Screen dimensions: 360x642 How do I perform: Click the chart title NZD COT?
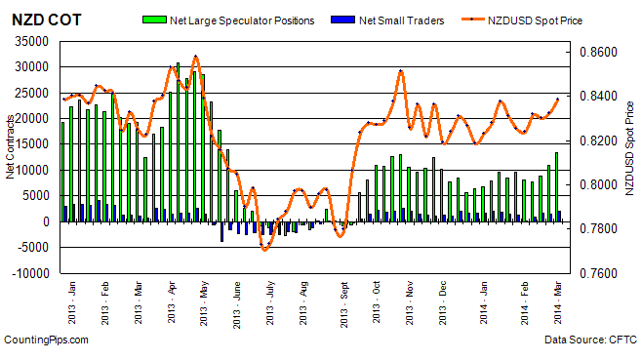point(38,20)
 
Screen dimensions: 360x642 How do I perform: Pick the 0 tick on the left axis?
point(45,222)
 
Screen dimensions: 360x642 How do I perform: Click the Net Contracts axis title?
point(10,156)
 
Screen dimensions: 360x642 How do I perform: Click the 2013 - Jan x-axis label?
point(73,304)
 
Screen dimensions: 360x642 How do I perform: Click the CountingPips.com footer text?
point(46,340)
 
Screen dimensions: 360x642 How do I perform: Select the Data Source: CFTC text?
point(590,340)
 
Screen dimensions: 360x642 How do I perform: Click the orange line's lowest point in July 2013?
point(264,250)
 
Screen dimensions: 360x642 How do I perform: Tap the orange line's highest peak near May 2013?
point(195,57)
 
